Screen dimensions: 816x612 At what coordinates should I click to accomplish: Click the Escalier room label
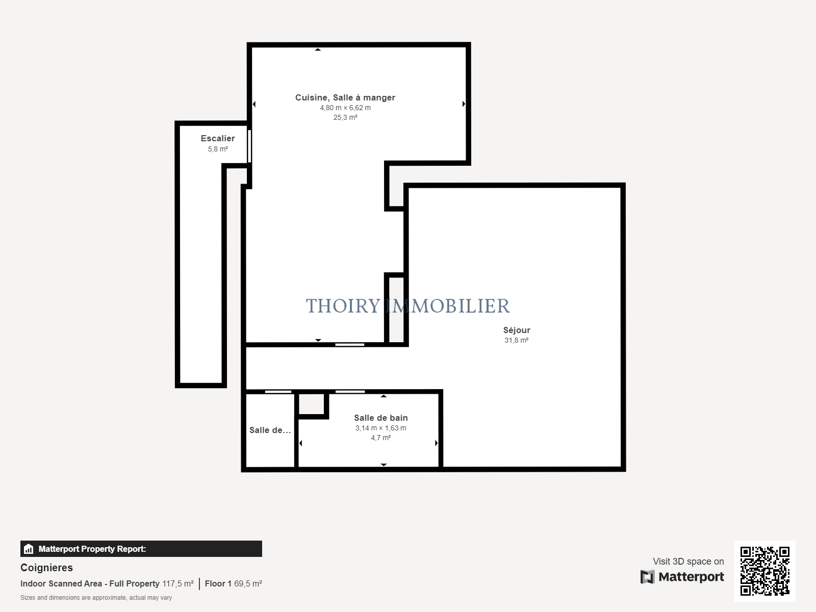(217, 138)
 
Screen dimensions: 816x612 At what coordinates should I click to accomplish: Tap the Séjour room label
(516, 330)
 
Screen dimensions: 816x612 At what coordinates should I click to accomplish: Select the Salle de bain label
(380, 418)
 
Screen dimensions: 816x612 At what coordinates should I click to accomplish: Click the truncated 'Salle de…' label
(270, 430)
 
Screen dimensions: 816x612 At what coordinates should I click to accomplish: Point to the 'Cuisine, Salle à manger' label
(345, 97)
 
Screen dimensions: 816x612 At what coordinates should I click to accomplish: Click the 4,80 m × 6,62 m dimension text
(345, 108)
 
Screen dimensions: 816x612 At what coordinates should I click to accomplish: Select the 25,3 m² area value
(345, 117)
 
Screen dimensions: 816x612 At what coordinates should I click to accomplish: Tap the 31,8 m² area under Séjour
(516, 340)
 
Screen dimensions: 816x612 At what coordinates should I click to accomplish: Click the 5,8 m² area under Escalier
(217, 149)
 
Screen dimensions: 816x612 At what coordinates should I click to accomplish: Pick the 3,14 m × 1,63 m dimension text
(380, 428)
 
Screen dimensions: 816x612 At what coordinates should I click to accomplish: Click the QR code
(764, 571)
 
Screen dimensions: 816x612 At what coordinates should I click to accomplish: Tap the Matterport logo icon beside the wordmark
(647, 577)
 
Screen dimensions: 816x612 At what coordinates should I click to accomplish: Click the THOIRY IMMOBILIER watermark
(407, 306)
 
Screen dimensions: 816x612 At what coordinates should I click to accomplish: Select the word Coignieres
(46, 568)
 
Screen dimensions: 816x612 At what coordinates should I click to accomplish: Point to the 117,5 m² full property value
(177, 583)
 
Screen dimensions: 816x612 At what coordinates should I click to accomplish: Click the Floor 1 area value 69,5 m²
(248, 583)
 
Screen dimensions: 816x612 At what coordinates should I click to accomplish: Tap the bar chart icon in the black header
(29, 549)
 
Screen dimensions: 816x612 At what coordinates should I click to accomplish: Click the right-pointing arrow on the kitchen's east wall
(464, 104)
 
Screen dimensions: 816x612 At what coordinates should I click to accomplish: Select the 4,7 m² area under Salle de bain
(380, 438)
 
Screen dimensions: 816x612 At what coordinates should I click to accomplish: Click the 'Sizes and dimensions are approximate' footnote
(96, 598)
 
